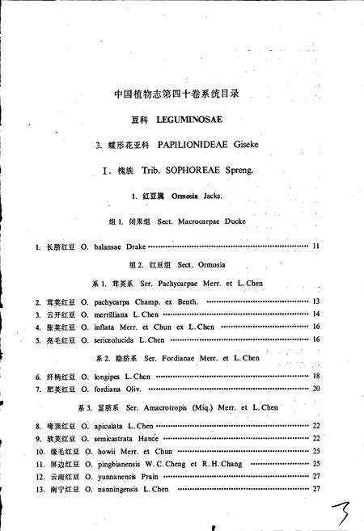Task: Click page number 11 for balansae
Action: (316, 246)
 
